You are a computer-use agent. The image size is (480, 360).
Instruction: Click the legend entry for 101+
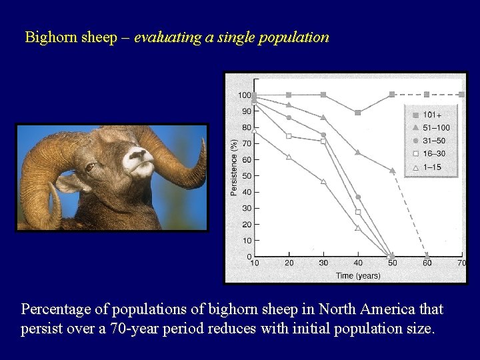click(431, 115)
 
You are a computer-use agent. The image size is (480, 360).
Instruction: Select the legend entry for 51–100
click(431, 128)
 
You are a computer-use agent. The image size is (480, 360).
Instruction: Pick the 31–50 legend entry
click(431, 141)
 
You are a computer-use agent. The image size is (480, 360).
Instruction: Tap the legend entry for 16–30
click(431, 154)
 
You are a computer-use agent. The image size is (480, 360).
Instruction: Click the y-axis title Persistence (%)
click(233, 167)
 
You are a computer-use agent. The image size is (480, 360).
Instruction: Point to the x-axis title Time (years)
click(358, 275)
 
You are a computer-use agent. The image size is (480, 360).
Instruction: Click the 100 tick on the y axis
click(245, 95)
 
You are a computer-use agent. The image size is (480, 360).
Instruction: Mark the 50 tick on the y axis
click(246, 176)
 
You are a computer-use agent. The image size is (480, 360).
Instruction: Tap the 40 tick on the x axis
click(358, 263)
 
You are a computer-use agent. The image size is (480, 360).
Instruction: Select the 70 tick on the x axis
click(461, 263)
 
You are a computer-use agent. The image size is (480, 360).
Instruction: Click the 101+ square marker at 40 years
click(358, 113)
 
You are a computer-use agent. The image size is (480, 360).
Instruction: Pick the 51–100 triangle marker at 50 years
click(392, 171)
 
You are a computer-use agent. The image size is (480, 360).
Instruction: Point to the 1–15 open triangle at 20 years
click(289, 157)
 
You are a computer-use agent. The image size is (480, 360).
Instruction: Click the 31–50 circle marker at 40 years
click(358, 197)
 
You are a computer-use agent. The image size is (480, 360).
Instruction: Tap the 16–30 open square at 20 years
click(289, 136)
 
